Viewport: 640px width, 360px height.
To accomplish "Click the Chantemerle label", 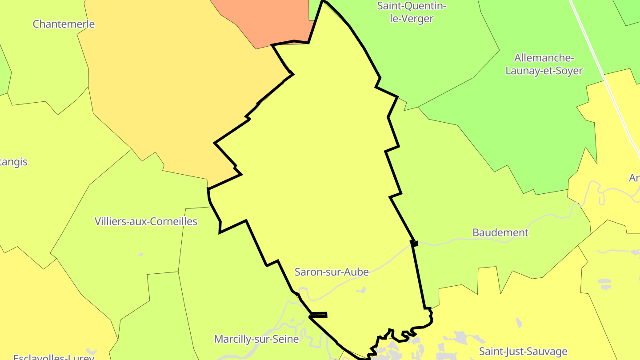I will [x=64, y=24].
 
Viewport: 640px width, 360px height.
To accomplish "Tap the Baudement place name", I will [x=500, y=232].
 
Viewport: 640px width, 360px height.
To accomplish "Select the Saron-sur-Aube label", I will [x=332, y=272].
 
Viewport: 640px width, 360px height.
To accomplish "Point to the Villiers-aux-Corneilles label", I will [x=146, y=221].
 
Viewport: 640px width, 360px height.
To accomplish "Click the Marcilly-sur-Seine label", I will [x=256, y=339].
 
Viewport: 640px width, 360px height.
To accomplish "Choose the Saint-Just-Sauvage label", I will [x=523, y=352].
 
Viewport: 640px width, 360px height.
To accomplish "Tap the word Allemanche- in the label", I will [x=544, y=58].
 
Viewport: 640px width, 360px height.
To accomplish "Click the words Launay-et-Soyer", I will [x=544, y=71].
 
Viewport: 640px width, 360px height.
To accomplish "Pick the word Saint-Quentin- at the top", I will [x=411, y=6].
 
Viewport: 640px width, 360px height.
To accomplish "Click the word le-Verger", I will [x=411, y=19].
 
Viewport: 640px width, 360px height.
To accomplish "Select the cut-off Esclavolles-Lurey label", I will [x=53, y=357].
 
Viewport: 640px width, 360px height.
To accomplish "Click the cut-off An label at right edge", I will [x=634, y=178].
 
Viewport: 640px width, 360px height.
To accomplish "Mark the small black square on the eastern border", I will [x=415, y=243].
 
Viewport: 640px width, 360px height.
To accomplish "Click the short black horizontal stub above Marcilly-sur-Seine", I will [x=318, y=315].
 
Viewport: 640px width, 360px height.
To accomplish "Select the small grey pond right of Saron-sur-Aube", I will [x=361, y=291].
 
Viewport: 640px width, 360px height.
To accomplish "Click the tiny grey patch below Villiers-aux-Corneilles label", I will [x=140, y=255].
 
